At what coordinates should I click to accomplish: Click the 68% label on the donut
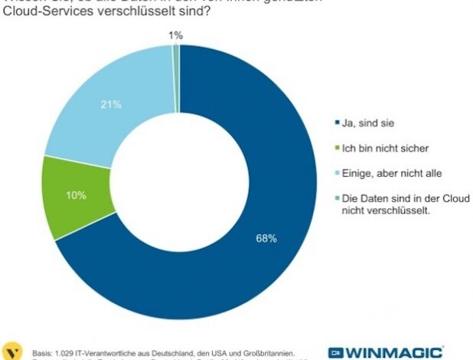(x=266, y=239)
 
